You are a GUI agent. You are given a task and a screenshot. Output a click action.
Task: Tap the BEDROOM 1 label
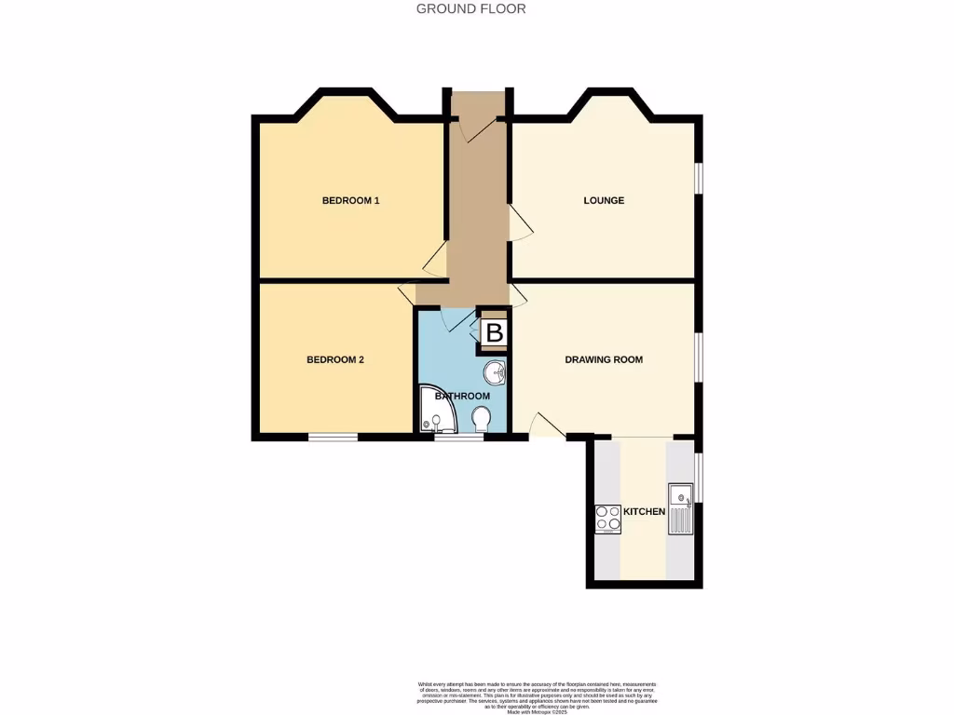350,200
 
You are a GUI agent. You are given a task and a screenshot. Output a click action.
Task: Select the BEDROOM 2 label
335,359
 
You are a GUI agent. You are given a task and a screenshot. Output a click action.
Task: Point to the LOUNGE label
604,200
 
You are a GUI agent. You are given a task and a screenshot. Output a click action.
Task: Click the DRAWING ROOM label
604,359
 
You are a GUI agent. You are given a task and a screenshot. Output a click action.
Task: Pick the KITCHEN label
644,512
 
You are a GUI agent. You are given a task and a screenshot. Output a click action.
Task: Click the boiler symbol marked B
495,331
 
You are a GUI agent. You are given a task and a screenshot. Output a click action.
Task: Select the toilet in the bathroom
482,419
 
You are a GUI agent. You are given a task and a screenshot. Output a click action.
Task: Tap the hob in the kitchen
608,519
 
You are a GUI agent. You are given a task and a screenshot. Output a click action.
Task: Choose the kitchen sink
681,510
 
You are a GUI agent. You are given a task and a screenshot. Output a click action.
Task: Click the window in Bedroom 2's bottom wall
334,437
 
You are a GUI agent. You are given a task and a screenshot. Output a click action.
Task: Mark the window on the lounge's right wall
698,180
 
